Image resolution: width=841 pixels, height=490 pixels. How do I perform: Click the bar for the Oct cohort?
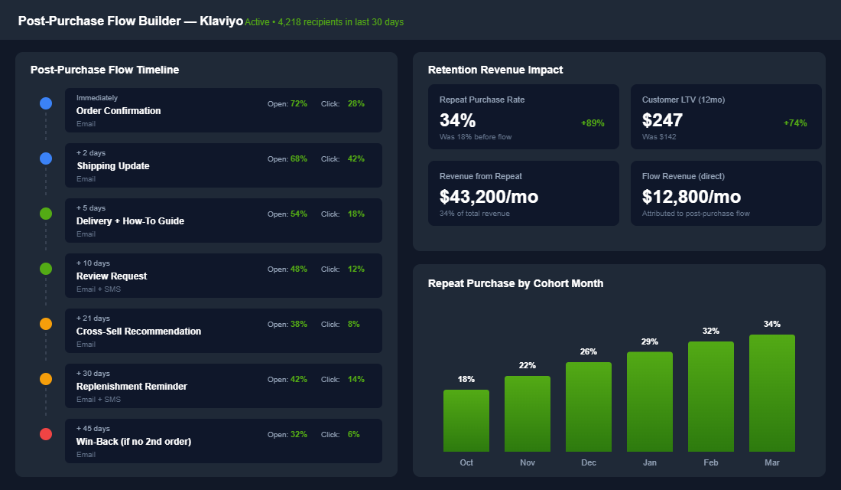466,420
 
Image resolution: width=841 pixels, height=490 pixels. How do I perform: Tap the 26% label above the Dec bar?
589,351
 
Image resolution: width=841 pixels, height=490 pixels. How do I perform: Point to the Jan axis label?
650,462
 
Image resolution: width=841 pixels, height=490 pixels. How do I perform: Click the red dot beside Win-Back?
46,434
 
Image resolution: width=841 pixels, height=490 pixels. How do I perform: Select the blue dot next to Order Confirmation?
46,103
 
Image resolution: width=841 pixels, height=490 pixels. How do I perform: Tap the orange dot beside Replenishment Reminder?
46,379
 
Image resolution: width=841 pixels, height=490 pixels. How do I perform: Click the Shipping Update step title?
113,166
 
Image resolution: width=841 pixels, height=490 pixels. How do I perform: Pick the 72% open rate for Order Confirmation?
299,103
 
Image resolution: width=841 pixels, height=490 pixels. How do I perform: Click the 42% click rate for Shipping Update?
356,158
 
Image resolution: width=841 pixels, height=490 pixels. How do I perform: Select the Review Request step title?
112,276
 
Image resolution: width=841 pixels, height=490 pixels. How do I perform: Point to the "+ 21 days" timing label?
93,318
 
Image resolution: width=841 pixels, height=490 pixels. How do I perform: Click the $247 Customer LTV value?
663,120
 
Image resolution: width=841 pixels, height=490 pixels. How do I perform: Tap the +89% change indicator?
593,123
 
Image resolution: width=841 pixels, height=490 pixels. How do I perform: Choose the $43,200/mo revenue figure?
489,197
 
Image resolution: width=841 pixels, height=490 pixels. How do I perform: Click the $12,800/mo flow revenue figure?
691,197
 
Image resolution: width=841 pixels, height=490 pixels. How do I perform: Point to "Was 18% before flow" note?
476,137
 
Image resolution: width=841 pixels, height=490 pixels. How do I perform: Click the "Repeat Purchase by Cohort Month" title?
515,283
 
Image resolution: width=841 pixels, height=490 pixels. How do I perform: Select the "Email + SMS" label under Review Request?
99,289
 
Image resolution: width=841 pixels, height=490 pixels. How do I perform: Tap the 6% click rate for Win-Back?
353,434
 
